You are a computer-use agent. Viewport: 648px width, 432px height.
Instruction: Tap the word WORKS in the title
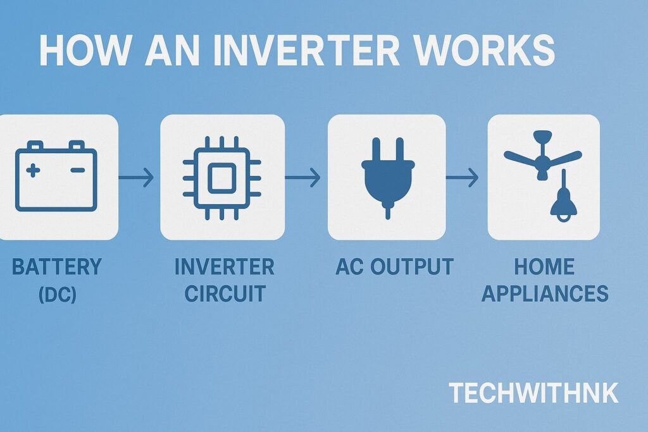pyautogui.click(x=490, y=51)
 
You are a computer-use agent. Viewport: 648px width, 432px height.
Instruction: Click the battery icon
pyautogui.click(x=56, y=176)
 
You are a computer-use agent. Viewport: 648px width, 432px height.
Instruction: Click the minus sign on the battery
pyautogui.click(x=78, y=170)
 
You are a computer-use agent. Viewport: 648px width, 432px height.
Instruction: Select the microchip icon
pyautogui.click(x=221, y=176)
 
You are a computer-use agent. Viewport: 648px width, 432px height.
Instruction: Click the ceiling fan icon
pyautogui.click(x=542, y=156)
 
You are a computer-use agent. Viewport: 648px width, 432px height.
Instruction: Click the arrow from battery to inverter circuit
pyautogui.click(x=137, y=178)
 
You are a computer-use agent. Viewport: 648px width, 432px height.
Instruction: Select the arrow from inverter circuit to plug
pyautogui.click(x=303, y=178)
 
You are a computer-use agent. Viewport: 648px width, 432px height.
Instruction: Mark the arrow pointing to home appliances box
pyautogui.click(x=463, y=178)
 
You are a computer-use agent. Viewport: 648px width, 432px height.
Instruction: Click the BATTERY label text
pyautogui.click(x=57, y=267)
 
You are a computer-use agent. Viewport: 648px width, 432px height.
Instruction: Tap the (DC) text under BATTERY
pyautogui.click(x=57, y=294)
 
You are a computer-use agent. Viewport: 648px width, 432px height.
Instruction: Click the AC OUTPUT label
pyautogui.click(x=394, y=267)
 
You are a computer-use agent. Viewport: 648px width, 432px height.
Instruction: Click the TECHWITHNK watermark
pyautogui.click(x=533, y=393)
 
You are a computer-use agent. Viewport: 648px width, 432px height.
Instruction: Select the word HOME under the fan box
pyautogui.click(x=544, y=267)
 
